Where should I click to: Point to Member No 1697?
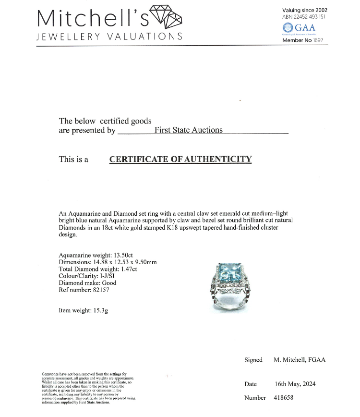click(302, 40)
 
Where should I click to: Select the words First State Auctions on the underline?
click(188, 130)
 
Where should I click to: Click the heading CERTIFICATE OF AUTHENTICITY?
click(180, 159)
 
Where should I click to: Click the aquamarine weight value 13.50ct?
click(140, 255)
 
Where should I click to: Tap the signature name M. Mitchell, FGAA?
click(299, 360)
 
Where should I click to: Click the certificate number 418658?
click(283, 397)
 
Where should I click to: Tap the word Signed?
click(253, 360)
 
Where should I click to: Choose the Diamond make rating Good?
click(108, 283)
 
